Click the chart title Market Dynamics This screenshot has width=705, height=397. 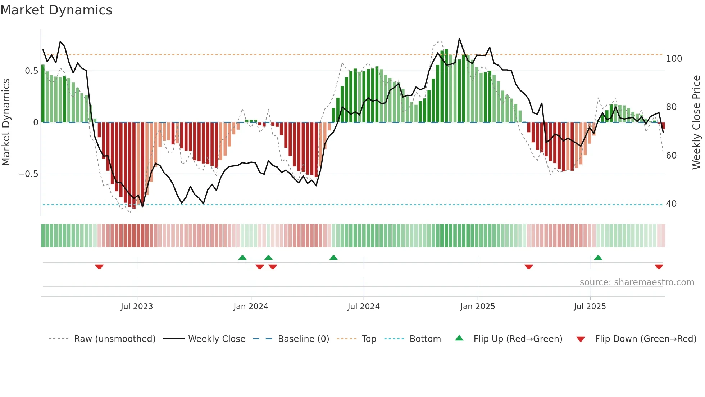pyautogui.click(x=56, y=10)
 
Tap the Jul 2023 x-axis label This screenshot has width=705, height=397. pyautogui.click(x=137, y=307)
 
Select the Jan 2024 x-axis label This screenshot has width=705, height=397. pyautogui.click(x=251, y=307)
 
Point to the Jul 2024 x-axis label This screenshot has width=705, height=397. pyautogui.click(x=364, y=307)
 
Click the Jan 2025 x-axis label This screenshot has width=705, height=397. pyautogui.click(x=478, y=307)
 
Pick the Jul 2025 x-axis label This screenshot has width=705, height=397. pyautogui.click(x=590, y=307)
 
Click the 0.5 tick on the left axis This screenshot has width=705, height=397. pyautogui.click(x=32, y=71)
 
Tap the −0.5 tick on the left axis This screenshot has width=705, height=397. pyautogui.click(x=28, y=174)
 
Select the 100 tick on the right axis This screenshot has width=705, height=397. pyautogui.click(x=674, y=59)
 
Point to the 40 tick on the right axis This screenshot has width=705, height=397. pyautogui.click(x=671, y=204)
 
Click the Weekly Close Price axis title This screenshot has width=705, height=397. pyautogui.click(x=696, y=122)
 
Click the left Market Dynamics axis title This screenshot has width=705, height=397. pyautogui.click(x=6, y=122)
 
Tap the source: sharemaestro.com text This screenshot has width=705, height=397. pyautogui.click(x=637, y=282)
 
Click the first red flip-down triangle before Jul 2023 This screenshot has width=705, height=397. pyautogui.click(x=99, y=267)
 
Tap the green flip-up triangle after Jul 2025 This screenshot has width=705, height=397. pyautogui.click(x=598, y=258)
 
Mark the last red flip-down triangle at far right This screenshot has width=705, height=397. pyautogui.click(x=659, y=267)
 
